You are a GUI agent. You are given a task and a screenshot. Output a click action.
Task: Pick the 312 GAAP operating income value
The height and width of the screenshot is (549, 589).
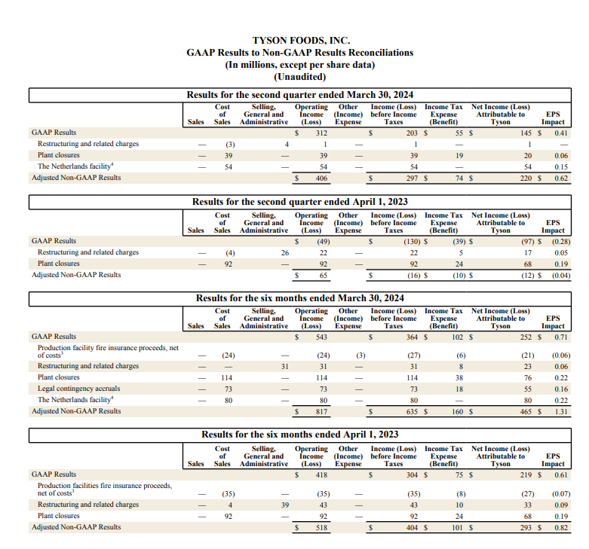click(322, 133)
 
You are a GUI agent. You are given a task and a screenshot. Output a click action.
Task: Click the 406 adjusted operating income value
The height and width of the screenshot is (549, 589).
click(321, 178)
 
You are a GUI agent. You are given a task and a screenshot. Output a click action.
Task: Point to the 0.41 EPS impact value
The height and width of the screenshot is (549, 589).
click(560, 133)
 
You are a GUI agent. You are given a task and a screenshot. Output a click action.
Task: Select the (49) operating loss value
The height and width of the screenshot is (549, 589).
click(324, 241)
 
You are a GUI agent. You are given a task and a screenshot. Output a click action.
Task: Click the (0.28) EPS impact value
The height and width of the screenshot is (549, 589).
click(557, 241)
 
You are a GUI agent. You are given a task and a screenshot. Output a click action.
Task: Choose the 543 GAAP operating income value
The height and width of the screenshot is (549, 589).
click(322, 336)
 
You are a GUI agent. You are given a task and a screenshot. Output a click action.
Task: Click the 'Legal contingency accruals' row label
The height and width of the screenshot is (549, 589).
click(79, 389)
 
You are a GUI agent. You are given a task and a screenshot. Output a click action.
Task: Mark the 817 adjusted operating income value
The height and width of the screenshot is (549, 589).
click(322, 411)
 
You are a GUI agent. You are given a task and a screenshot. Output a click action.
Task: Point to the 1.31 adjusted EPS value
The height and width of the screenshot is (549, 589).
click(560, 411)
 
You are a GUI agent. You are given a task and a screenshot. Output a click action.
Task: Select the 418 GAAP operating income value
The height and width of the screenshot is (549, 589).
click(322, 474)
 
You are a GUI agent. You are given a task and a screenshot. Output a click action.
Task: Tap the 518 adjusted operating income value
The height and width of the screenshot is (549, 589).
click(322, 527)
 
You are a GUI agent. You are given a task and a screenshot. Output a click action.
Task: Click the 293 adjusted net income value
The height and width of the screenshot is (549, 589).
click(527, 527)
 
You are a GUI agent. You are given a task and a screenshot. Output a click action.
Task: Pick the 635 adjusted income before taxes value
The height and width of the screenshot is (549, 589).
click(412, 411)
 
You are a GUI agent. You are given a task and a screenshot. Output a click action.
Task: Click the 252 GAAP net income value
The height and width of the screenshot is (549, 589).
click(527, 336)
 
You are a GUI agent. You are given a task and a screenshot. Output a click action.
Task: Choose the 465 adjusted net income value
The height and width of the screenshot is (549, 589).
click(527, 411)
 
